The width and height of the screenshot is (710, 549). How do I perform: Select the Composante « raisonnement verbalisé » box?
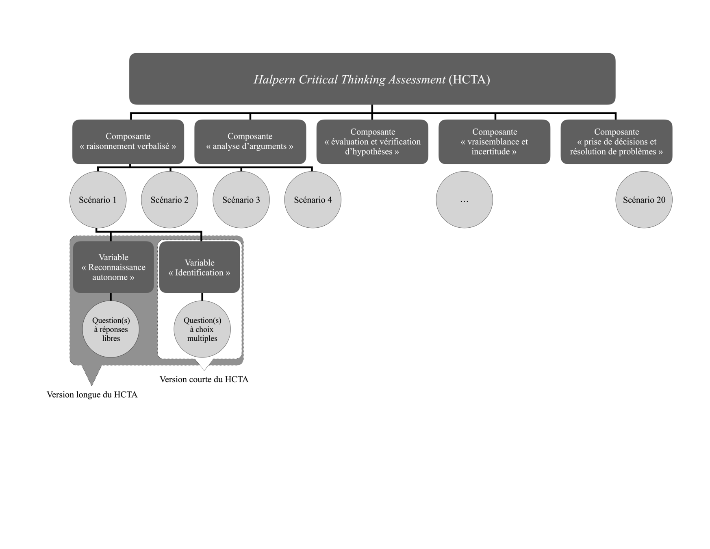(x=128, y=142)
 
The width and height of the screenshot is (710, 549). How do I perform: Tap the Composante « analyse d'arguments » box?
(x=250, y=142)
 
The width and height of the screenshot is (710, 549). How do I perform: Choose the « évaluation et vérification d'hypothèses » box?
(x=372, y=142)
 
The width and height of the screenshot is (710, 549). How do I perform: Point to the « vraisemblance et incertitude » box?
(x=494, y=142)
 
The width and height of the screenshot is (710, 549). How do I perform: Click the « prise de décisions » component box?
(x=616, y=142)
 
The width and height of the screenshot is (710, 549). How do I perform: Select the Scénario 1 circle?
(x=98, y=200)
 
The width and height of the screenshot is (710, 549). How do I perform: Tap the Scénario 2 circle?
(x=169, y=200)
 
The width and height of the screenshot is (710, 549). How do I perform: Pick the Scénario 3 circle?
(x=241, y=200)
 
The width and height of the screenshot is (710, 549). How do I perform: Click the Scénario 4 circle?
(x=313, y=200)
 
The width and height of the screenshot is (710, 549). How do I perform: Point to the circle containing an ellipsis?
(x=464, y=200)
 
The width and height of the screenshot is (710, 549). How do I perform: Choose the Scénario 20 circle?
(x=644, y=200)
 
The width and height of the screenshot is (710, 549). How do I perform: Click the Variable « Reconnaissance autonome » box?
(x=113, y=267)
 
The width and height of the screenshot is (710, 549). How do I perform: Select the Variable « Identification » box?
(x=199, y=267)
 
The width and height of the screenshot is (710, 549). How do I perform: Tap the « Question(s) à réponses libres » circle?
(x=111, y=329)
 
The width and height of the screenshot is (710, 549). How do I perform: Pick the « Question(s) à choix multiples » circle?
(x=202, y=329)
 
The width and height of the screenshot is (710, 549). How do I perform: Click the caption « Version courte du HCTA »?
(x=204, y=379)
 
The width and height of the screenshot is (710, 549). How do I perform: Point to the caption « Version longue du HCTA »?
(x=92, y=394)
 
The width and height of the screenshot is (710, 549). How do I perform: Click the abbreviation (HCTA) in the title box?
(x=469, y=79)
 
